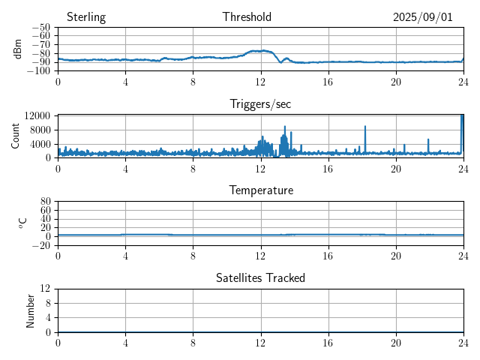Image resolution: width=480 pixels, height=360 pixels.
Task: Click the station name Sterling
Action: (x=85, y=17)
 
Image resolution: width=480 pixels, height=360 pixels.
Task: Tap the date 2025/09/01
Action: (x=423, y=17)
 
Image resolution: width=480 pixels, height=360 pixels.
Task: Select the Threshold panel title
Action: (x=247, y=17)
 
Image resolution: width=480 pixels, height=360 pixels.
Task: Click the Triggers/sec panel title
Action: (x=260, y=104)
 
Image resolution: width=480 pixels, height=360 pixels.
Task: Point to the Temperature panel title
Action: (x=260, y=190)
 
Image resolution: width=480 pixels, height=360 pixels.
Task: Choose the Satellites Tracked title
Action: (x=260, y=277)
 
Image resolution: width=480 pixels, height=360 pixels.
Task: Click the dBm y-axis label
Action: (x=19, y=49)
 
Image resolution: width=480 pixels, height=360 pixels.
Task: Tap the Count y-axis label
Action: (x=16, y=136)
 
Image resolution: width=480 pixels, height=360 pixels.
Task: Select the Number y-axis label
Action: (x=31, y=310)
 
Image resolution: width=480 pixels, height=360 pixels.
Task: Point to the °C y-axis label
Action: (x=22, y=223)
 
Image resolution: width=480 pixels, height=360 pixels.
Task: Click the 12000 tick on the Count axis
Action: (x=37, y=115)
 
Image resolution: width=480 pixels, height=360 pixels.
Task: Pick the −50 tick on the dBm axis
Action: (x=41, y=28)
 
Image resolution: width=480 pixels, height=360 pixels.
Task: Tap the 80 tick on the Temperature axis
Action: (x=45, y=202)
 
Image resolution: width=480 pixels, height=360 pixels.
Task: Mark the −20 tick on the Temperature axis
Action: (x=41, y=245)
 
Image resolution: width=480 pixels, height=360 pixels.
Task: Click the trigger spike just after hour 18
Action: (x=365, y=127)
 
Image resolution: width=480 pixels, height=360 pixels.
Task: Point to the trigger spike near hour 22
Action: (x=428, y=140)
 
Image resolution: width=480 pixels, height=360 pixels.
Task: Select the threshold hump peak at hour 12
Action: (x=260, y=50)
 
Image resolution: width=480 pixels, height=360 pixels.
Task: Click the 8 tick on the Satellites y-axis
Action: (x=49, y=303)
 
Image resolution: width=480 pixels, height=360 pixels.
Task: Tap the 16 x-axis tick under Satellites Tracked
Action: (x=328, y=341)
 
